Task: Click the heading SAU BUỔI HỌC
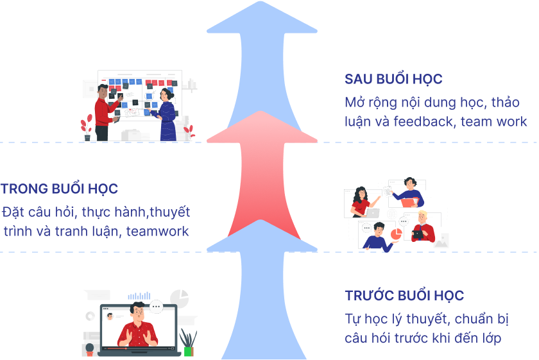tap(393, 80)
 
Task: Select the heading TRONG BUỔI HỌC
tap(59, 189)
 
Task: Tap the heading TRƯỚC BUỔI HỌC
tap(404, 296)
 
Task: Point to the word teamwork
tap(158, 231)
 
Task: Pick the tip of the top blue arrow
tap(262, 3)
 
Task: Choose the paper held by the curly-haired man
tap(388, 192)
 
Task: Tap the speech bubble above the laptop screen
tap(156, 307)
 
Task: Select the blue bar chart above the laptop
tap(139, 296)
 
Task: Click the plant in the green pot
tap(188, 344)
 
